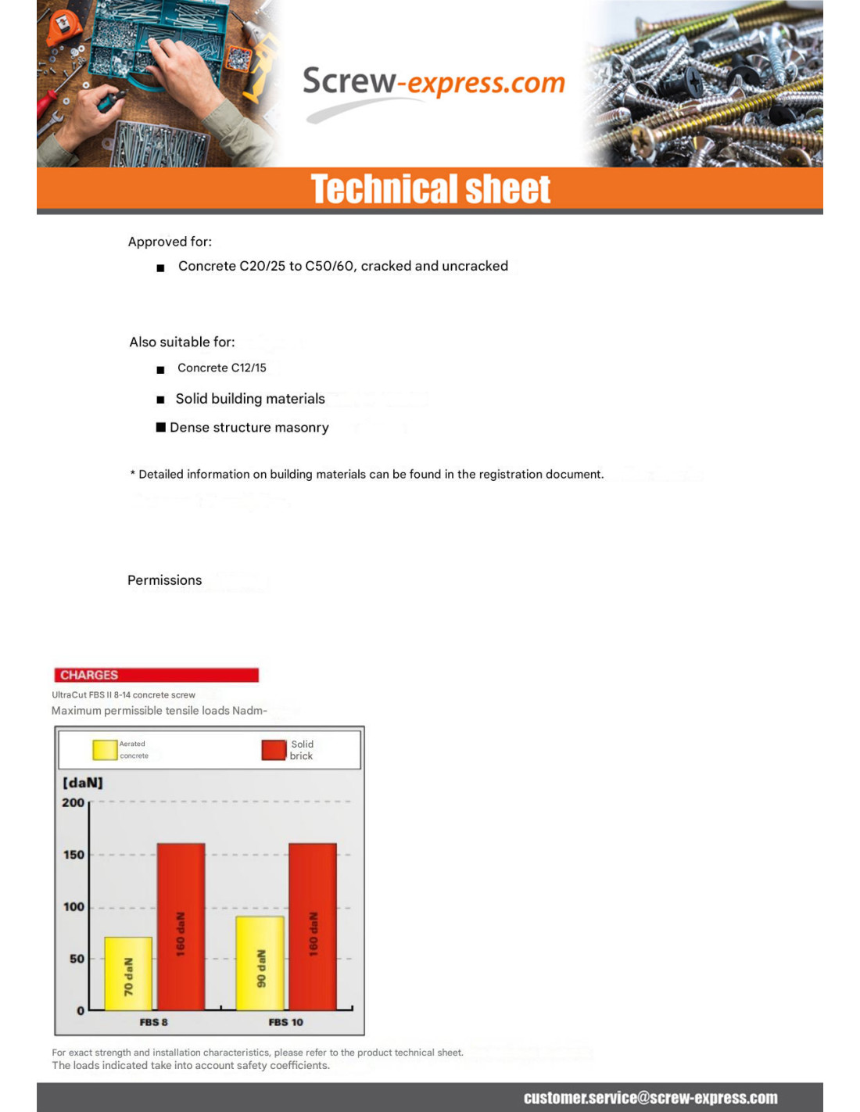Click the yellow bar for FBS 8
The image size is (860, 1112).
(x=128, y=974)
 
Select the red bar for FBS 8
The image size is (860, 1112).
(x=181, y=927)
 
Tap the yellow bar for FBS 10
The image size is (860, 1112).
(x=260, y=963)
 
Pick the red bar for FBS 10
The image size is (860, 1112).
(x=313, y=927)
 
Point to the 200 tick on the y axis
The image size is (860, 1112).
(x=73, y=802)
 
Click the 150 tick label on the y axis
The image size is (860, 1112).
(x=73, y=855)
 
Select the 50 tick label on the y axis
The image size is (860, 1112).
(x=77, y=959)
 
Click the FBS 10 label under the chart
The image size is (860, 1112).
(x=285, y=1022)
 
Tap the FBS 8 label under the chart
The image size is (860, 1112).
(x=153, y=1022)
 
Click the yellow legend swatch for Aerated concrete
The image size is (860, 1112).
(x=105, y=750)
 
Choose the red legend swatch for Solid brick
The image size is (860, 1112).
(x=274, y=750)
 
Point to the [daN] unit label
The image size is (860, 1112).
(x=83, y=783)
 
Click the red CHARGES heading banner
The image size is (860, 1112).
(x=156, y=675)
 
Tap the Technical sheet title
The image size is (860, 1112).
(x=431, y=189)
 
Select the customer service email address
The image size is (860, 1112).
(x=650, y=1098)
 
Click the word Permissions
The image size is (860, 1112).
(x=164, y=580)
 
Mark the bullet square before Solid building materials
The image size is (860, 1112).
(x=160, y=400)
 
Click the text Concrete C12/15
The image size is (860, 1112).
(x=221, y=368)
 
